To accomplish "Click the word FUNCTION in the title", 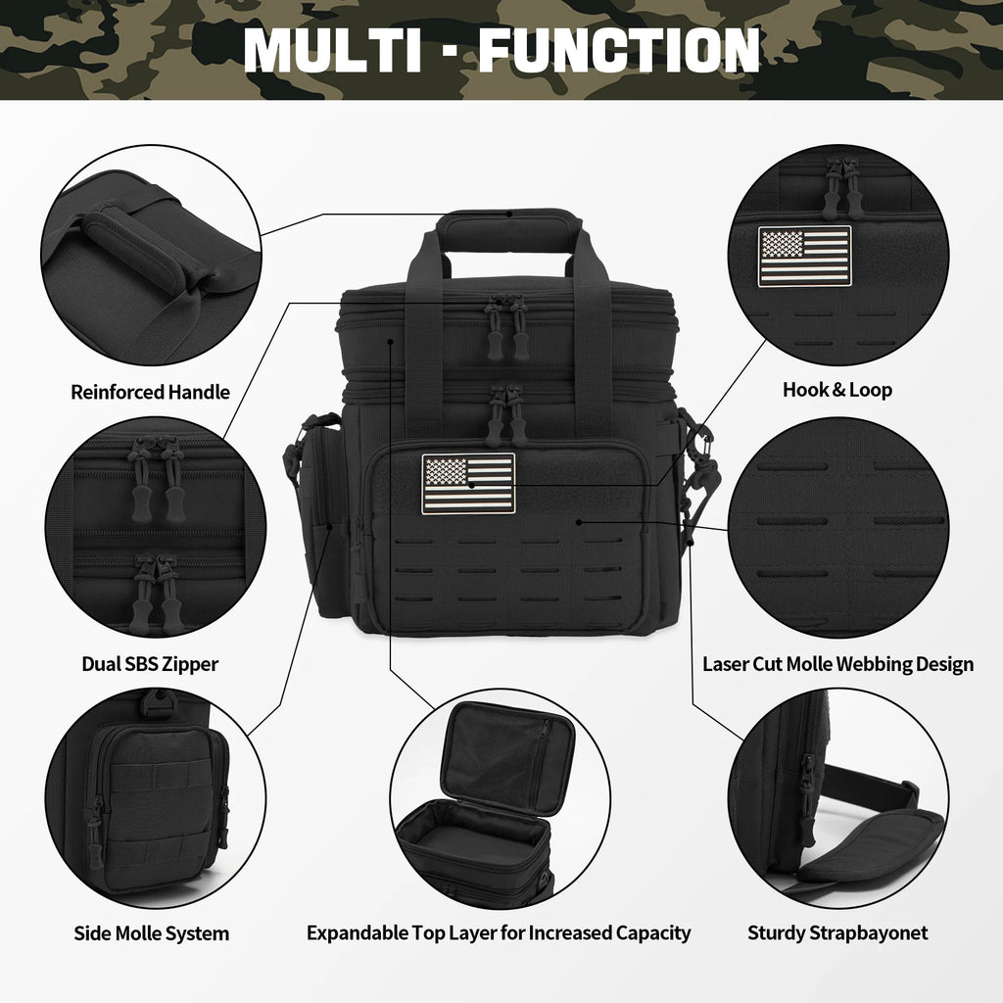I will point(619,51).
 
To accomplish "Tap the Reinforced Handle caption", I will point(150,392).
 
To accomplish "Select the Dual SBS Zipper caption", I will point(150,664).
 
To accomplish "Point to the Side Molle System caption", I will point(152,933).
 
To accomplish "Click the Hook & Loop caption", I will point(837,390).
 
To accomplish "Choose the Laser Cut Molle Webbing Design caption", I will point(838,664).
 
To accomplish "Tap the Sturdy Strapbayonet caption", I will point(837,933).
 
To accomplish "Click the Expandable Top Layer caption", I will point(499,933).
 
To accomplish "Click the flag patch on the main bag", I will point(468,484).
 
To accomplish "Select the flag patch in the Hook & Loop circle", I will point(805,257).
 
